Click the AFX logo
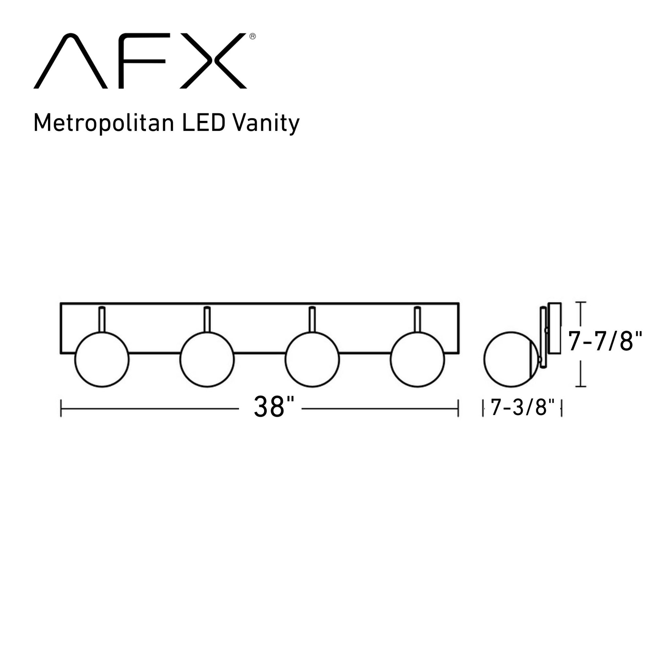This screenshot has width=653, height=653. tap(140, 61)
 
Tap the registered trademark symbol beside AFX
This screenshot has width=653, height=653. tap(252, 37)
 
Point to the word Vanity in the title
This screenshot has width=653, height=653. tap(266, 123)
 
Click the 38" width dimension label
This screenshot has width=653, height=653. tap(274, 407)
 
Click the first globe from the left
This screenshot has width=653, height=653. tap(102, 360)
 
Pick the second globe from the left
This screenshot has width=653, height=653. tap(207, 360)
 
